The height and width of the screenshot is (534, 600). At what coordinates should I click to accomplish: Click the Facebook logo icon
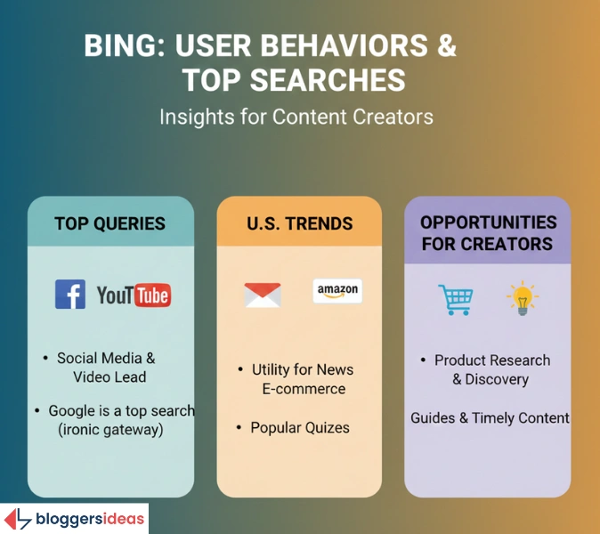tap(70, 294)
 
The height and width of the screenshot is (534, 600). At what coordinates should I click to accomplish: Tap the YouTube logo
tap(134, 295)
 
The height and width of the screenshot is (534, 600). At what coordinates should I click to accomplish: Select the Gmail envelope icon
tap(263, 295)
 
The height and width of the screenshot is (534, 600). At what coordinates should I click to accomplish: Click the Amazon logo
tap(337, 291)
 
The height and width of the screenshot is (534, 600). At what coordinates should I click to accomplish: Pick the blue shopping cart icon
tap(455, 299)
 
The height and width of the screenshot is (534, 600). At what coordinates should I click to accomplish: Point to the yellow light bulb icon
tap(522, 297)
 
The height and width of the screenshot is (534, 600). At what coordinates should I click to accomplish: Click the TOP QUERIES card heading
tap(110, 223)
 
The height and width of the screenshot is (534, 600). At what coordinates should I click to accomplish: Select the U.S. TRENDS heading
tap(299, 223)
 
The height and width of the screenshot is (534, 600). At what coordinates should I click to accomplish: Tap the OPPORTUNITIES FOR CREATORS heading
tap(488, 232)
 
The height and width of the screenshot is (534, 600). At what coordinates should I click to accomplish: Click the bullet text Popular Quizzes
tap(300, 427)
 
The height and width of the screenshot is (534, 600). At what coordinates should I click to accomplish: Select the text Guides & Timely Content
tap(490, 417)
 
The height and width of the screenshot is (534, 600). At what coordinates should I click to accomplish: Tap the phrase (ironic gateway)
tap(110, 429)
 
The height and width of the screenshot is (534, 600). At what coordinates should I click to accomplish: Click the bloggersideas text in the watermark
tap(89, 519)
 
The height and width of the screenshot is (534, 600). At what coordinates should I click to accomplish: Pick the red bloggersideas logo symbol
tap(18, 519)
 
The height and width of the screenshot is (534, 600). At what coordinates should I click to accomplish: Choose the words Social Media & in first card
tap(106, 358)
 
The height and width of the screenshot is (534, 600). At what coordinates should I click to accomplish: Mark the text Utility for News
tap(303, 369)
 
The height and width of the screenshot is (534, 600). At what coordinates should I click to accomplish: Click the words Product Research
tap(492, 360)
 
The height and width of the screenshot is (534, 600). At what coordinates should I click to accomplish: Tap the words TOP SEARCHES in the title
tap(294, 80)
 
